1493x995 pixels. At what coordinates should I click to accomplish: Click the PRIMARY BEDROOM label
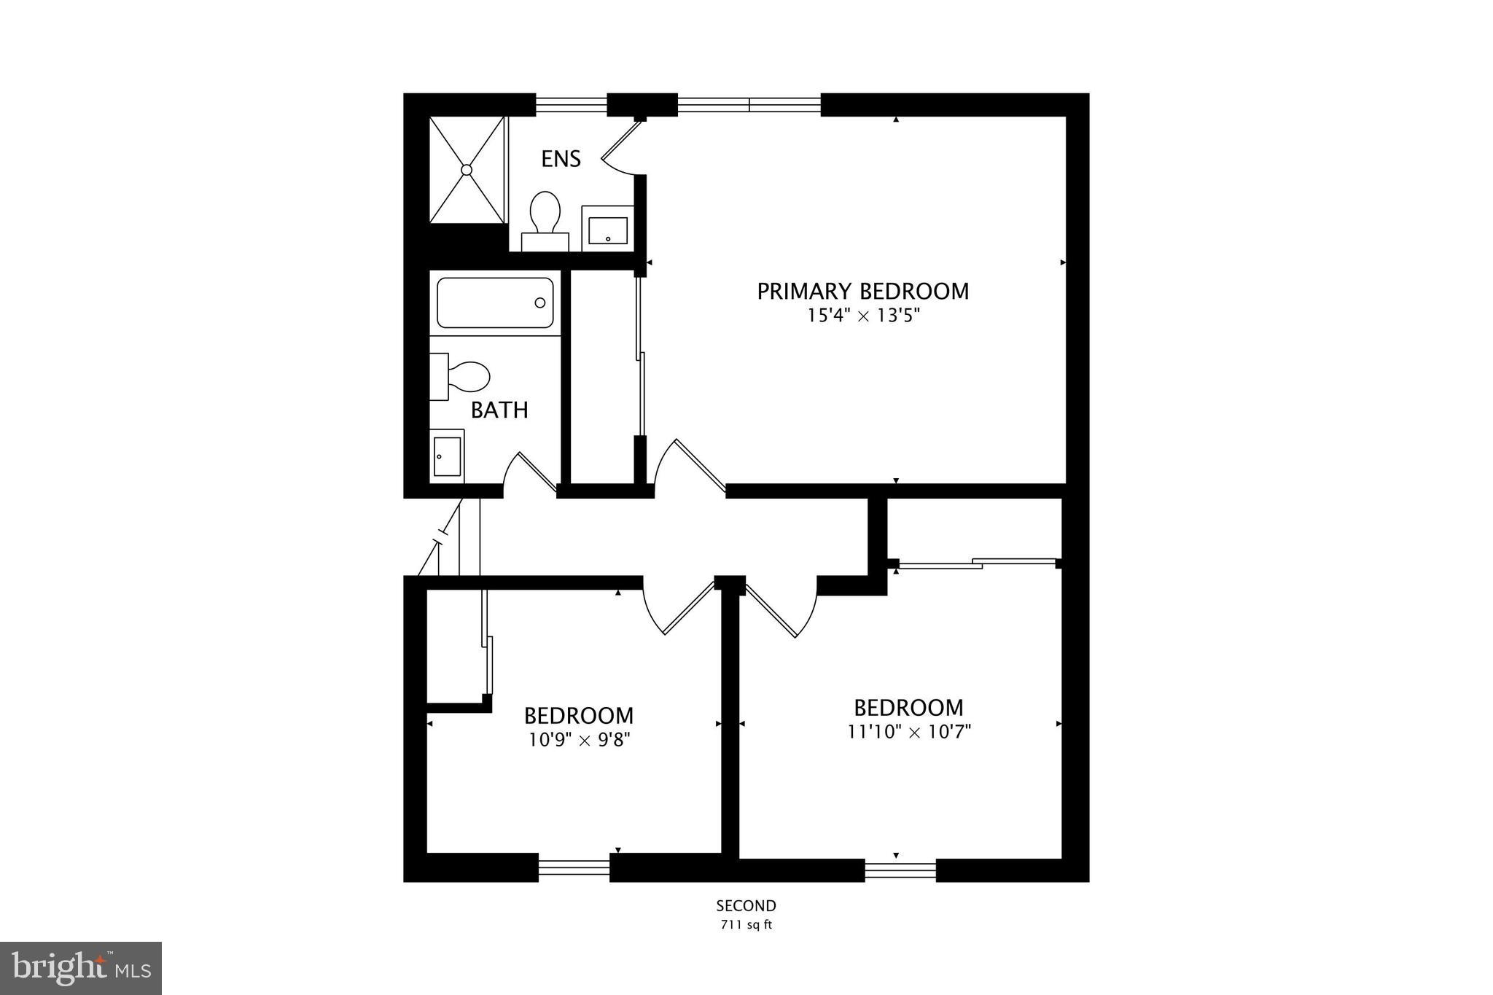[x=862, y=292]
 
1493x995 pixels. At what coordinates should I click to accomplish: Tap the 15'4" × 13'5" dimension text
[x=862, y=316]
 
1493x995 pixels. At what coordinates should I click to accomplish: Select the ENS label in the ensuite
[x=561, y=159]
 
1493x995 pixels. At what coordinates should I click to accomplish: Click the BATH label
[x=499, y=410]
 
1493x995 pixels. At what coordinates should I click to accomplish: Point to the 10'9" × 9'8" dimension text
[x=579, y=740]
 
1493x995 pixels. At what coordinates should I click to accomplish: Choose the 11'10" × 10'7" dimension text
[x=908, y=731]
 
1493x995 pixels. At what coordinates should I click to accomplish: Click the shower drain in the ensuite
[x=467, y=169]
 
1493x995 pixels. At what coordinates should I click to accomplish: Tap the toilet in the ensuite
[x=545, y=216]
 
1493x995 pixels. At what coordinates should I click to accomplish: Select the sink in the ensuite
[x=607, y=229]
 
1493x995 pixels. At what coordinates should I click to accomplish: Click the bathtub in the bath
[x=495, y=303]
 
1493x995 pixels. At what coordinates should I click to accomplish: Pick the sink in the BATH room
[x=446, y=456]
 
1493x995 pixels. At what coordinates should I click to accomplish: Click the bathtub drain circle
[x=540, y=303]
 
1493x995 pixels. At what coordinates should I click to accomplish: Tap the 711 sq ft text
[x=745, y=926]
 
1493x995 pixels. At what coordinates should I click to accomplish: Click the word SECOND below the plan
[x=746, y=906]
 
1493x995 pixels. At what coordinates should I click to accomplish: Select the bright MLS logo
[x=81, y=968]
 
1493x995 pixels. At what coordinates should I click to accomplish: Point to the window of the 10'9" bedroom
[x=574, y=867]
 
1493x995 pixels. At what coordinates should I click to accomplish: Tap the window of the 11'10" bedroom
[x=900, y=870]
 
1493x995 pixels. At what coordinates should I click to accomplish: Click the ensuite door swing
[x=621, y=149]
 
